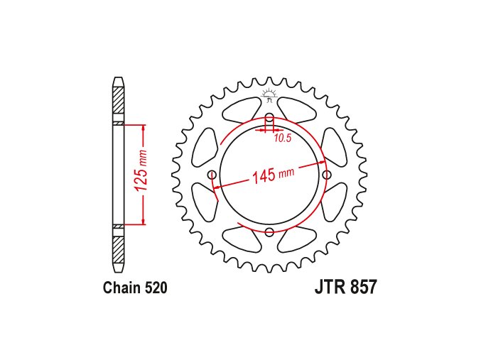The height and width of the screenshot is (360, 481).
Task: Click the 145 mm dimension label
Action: pos(273,175)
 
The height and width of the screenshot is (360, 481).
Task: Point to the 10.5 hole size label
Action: pos(283,138)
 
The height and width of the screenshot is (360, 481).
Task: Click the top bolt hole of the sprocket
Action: pos(269,118)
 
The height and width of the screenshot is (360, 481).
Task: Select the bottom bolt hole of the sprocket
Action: pos(269,232)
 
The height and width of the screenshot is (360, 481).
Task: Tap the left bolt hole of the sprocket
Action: pos(212,175)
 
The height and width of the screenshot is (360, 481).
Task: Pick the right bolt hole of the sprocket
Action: pos(327,175)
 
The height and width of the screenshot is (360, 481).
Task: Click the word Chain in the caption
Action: pos(122,288)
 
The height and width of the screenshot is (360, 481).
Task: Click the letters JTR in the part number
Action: pos(329,288)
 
